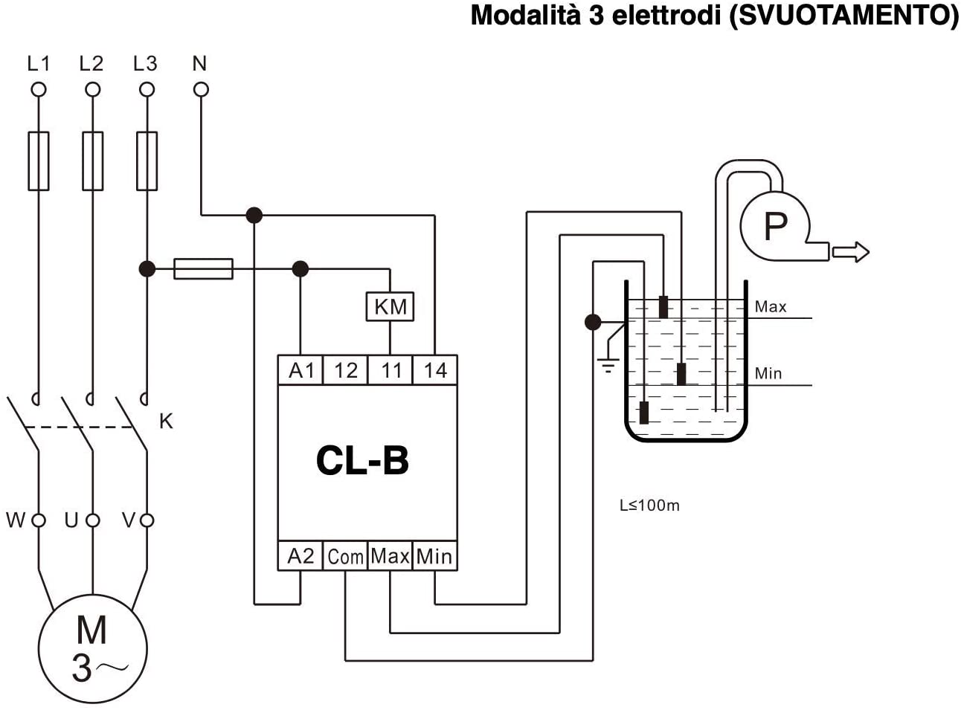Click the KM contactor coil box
point(390,306)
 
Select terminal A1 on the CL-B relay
point(301,369)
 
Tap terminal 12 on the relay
point(345,369)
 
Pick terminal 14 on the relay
point(435,369)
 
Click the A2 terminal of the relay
point(300,556)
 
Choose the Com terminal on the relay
point(345,556)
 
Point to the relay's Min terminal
point(434,556)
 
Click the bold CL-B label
point(362,460)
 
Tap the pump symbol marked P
point(775,225)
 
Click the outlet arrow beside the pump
point(851,252)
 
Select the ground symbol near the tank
point(608,364)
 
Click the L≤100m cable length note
point(649,506)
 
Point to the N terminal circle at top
point(201,90)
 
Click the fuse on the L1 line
point(38,161)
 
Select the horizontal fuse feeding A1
point(203,268)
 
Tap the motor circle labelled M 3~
point(92,648)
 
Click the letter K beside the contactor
point(166,421)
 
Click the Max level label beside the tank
point(770,306)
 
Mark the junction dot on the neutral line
point(254,216)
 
